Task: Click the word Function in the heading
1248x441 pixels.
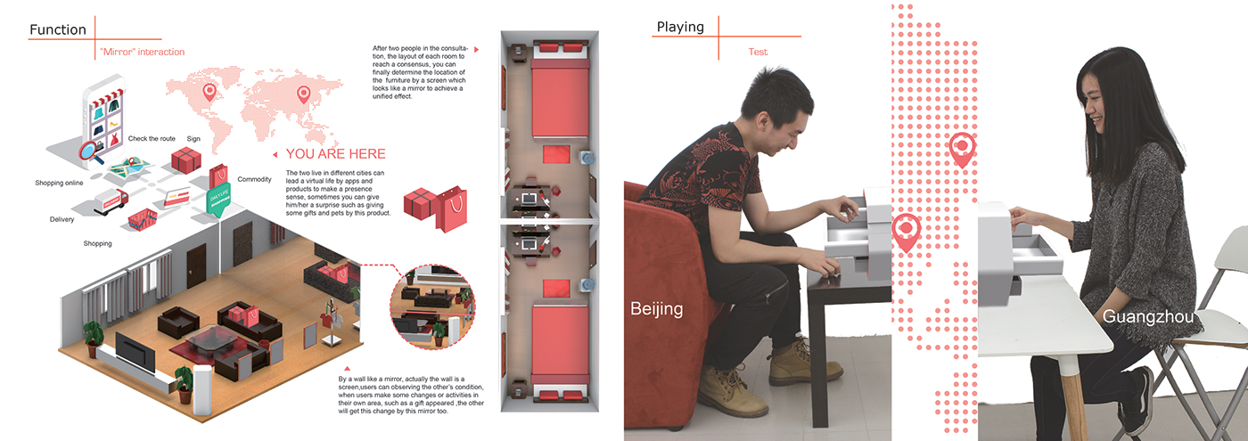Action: [x=58, y=29]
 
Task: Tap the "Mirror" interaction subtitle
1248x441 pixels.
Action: [x=142, y=52]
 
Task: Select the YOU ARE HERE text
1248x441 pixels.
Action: [x=335, y=153]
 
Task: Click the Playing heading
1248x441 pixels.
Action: [x=680, y=27]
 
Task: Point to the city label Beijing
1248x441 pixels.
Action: [x=656, y=308]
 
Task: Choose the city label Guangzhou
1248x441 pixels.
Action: [x=1148, y=316]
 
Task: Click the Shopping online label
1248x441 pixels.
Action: [x=59, y=183]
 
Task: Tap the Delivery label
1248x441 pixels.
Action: [x=62, y=219]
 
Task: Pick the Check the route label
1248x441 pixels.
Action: [x=152, y=139]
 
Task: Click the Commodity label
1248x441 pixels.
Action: [x=255, y=179]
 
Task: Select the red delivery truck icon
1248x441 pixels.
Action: [x=111, y=201]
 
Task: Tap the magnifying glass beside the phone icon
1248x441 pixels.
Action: [x=91, y=153]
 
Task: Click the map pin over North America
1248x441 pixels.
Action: [x=209, y=92]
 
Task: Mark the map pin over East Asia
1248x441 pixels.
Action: [x=304, y=94]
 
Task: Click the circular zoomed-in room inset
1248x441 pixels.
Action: [x=433, y=306]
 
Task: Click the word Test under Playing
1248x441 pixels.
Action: [x=758, y=52]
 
